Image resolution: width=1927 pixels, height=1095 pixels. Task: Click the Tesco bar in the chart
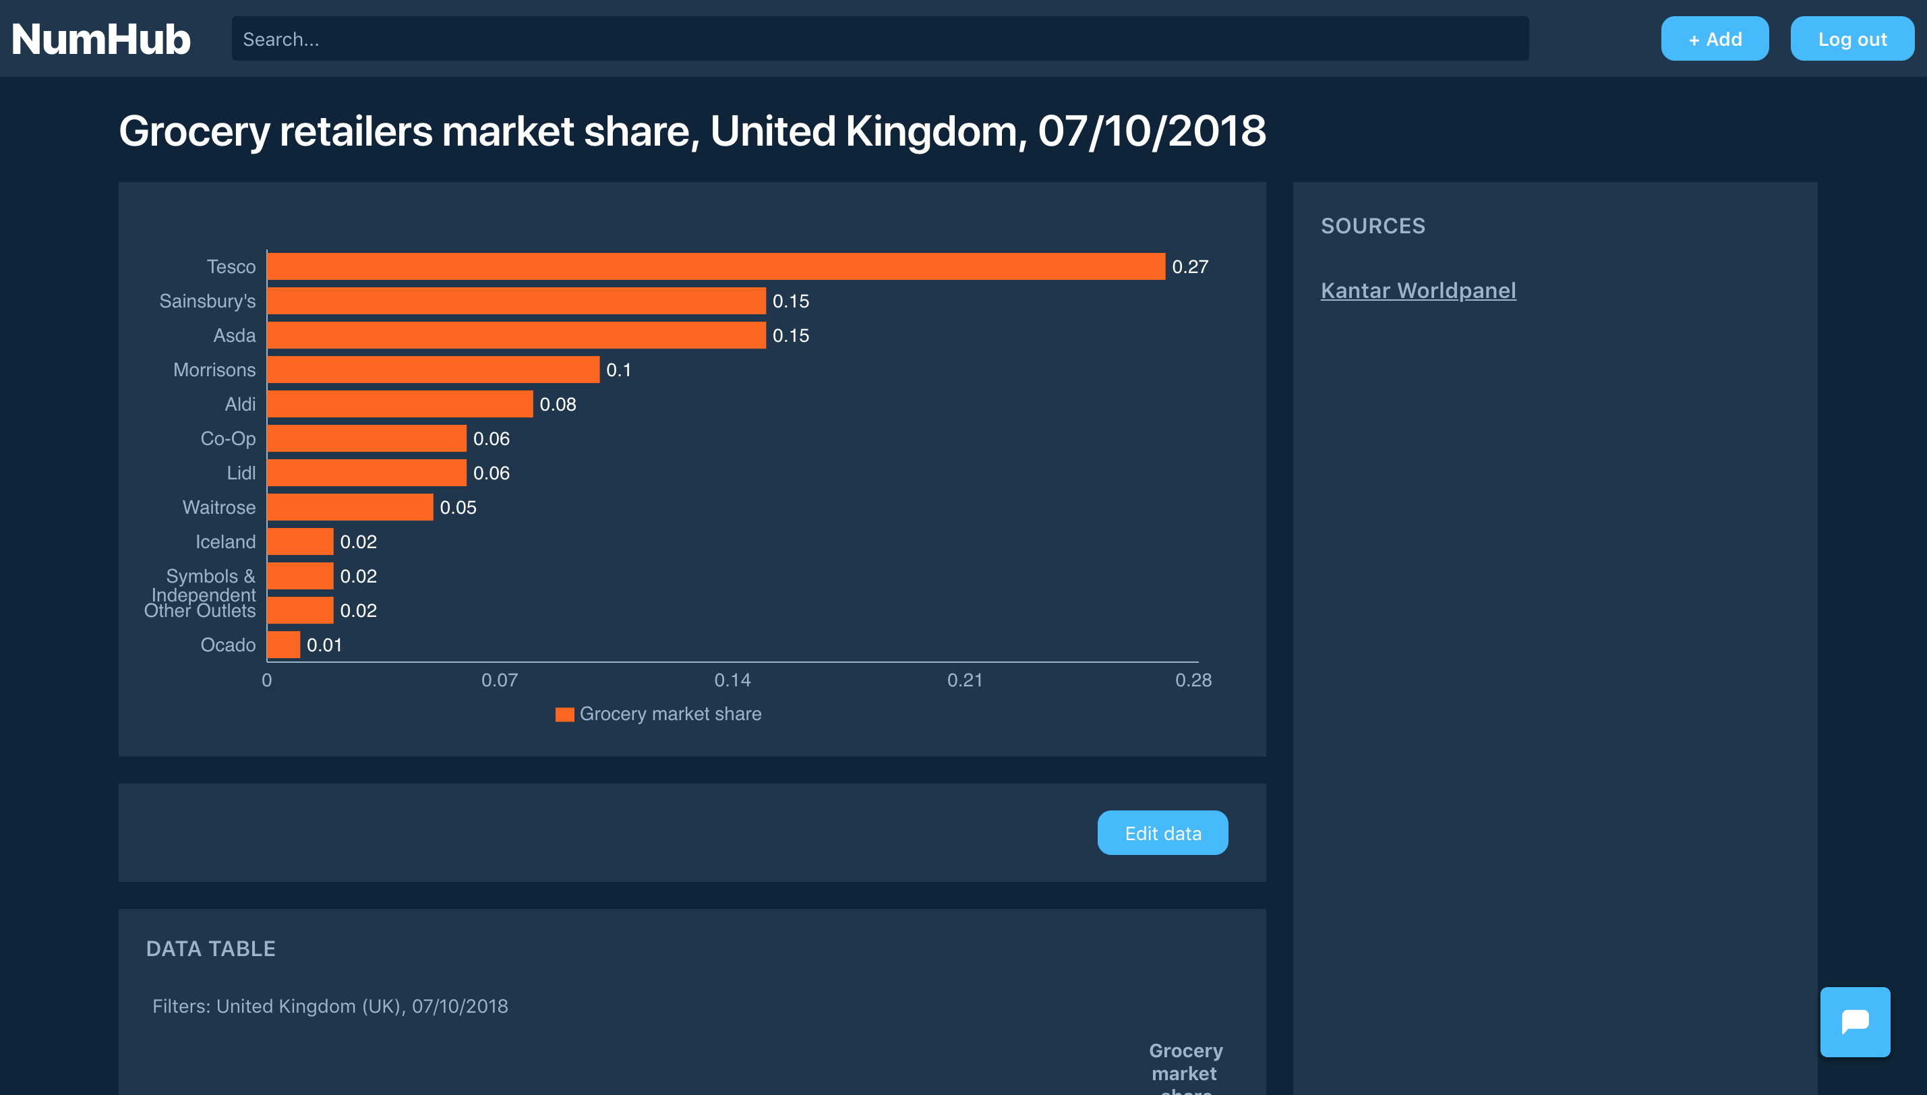pyautogui.click(x=716, y=266)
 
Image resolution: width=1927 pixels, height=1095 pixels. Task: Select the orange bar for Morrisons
pyautogui.click(x=433, y=369)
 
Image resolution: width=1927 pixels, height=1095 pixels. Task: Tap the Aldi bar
pyautogui.click(x=400, y=404)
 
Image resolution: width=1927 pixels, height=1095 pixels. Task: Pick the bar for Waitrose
pyautogui.click(x=351, y=507)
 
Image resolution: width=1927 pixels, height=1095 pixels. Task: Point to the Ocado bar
pyautogui.click(x=283, y=645)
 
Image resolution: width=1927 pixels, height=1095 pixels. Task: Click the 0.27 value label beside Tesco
pyautogui.click(x=1190, y=267)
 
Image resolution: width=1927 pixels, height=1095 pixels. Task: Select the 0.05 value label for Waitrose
pyautogui.click(x=458, y=508)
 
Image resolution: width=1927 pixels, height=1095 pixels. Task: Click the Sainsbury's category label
pyautogui.click(x=208, y=301)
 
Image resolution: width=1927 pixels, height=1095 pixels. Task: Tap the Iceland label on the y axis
pyautogui.click(x=226, y=541)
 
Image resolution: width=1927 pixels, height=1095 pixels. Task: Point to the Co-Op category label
pyautogui.click(x=228, y=438)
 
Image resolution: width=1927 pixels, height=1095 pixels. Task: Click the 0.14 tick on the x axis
pyautogui.click(x=732, y=680)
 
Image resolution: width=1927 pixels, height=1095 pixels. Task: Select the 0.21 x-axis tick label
pyautogui.click(x=965, y=680)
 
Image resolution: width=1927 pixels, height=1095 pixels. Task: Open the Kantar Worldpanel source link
pyautogui.click(x=1418, y=291)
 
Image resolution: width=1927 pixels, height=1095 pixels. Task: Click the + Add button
pyautogui.click(x=1714, y=39)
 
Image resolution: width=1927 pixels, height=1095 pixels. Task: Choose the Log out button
pyautogui.click(x=1851, y=39)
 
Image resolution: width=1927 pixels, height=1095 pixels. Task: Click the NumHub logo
pyautogui.click(x=100, y=39)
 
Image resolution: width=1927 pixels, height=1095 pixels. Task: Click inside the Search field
pyautogui.click(x=880, y=39)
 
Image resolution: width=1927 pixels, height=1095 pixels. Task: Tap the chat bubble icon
pyautogui.click(x=1855, y=1022)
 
